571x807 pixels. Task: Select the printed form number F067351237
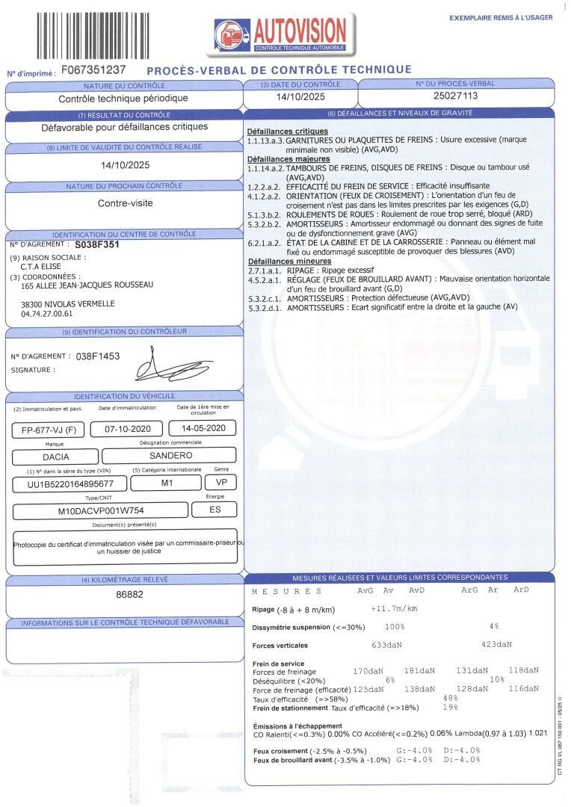93,69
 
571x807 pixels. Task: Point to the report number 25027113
455,96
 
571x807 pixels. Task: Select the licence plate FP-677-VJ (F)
49,430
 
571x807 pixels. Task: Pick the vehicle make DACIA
49,455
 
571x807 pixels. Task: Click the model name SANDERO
170,455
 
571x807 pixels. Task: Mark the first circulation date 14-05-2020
203,428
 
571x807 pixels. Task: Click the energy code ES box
215,510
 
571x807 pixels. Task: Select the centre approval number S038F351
97,244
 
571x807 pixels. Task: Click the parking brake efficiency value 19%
450,707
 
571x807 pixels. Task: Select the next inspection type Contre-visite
124,202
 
